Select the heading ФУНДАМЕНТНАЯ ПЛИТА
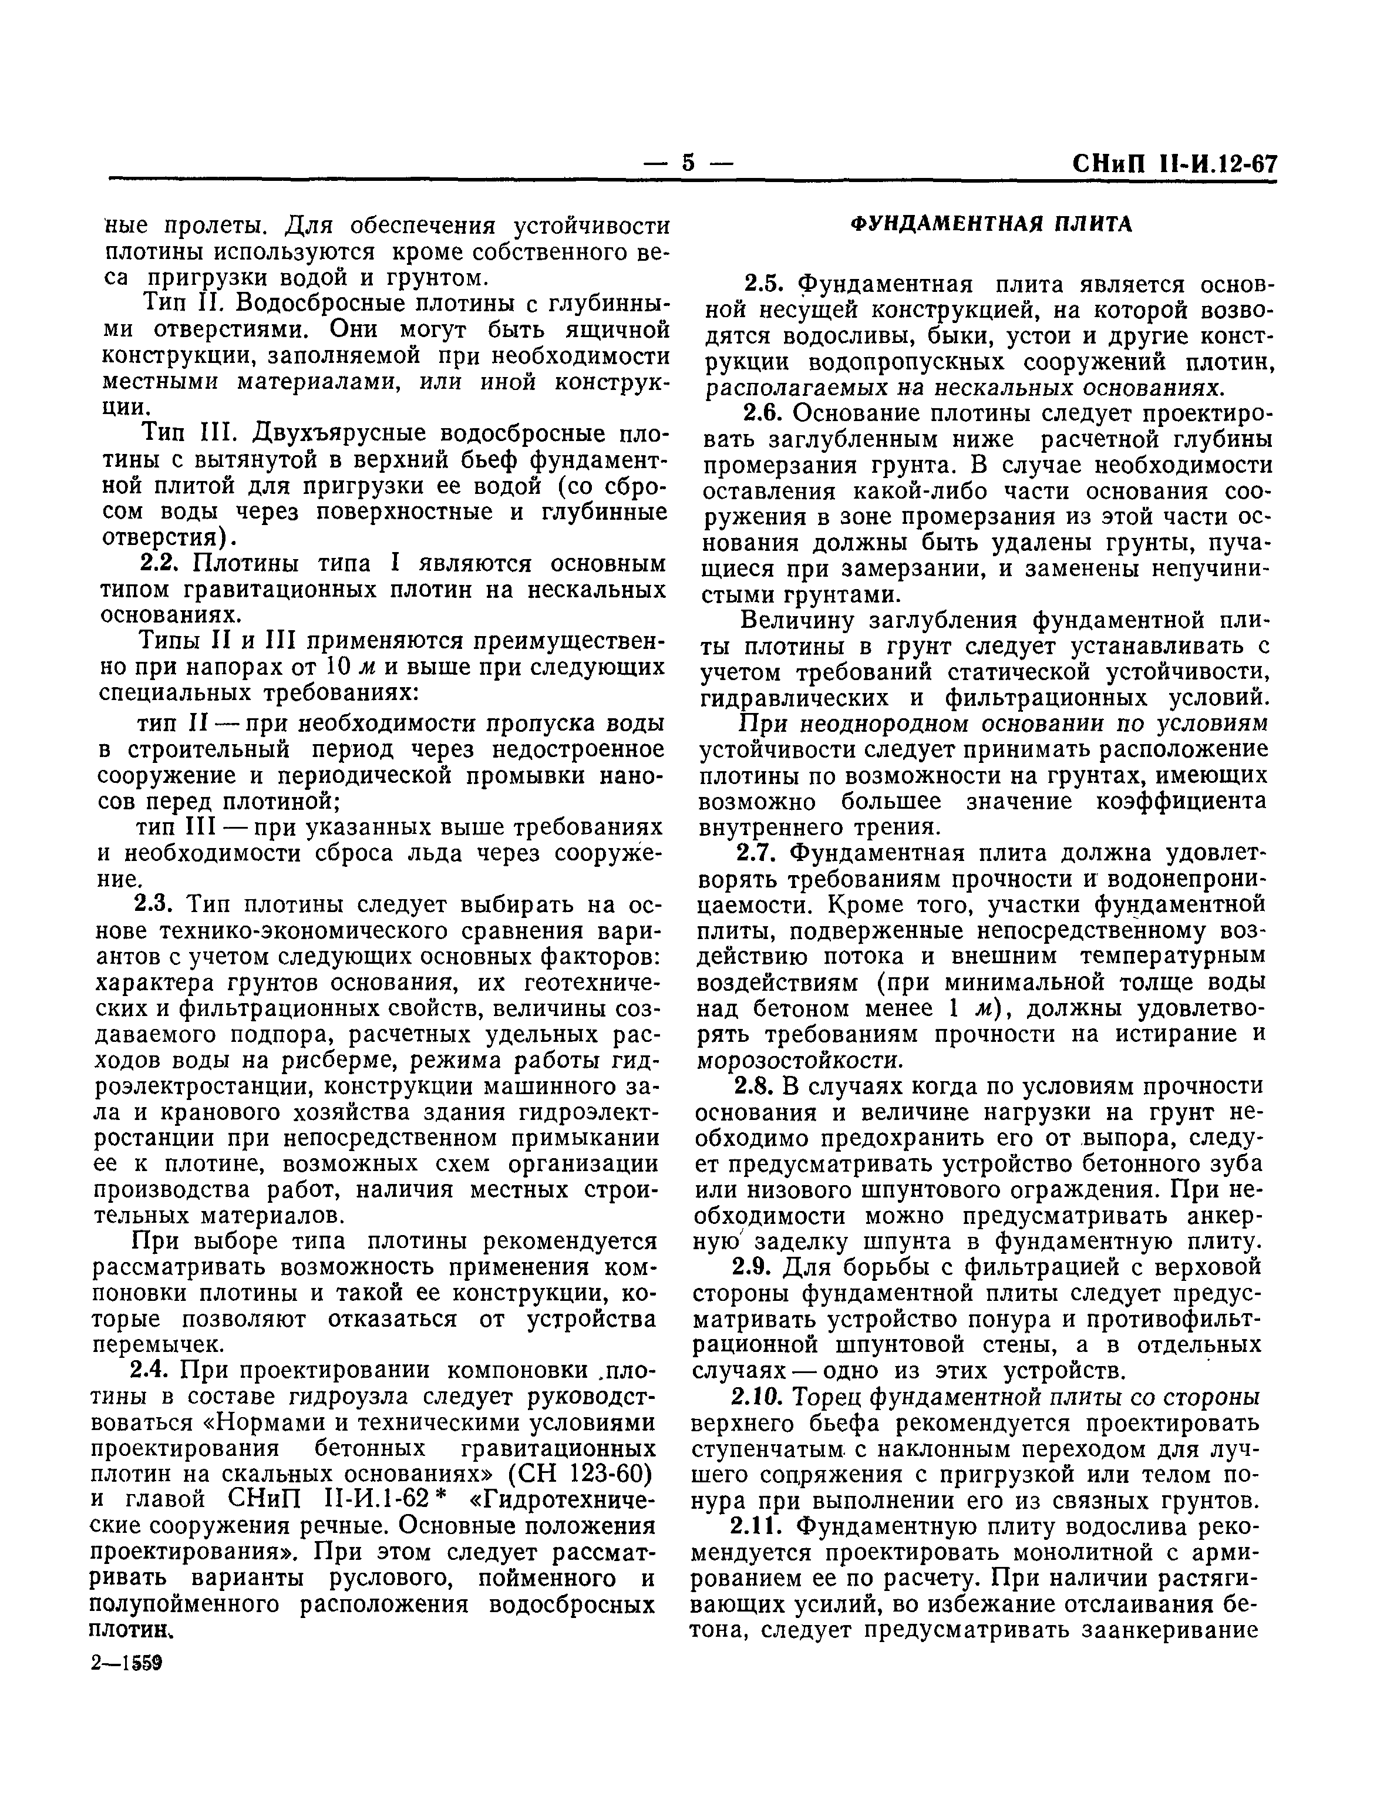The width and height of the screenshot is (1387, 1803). tap(992, 224)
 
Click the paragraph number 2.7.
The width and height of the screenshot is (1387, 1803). tap(759, 853)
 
